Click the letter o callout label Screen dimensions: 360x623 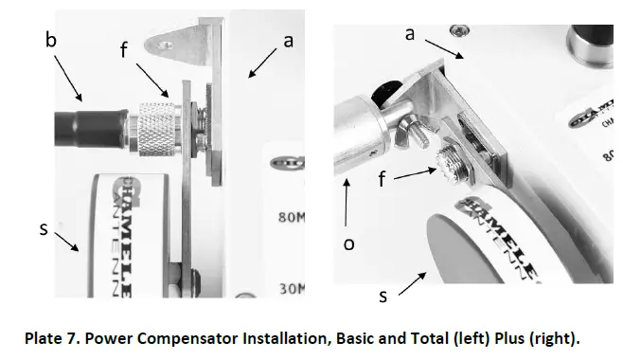click(349, 243)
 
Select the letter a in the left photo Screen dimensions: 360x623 click(289, 41)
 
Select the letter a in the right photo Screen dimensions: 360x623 click(410, 34)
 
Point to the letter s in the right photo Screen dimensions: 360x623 click(383, 297)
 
